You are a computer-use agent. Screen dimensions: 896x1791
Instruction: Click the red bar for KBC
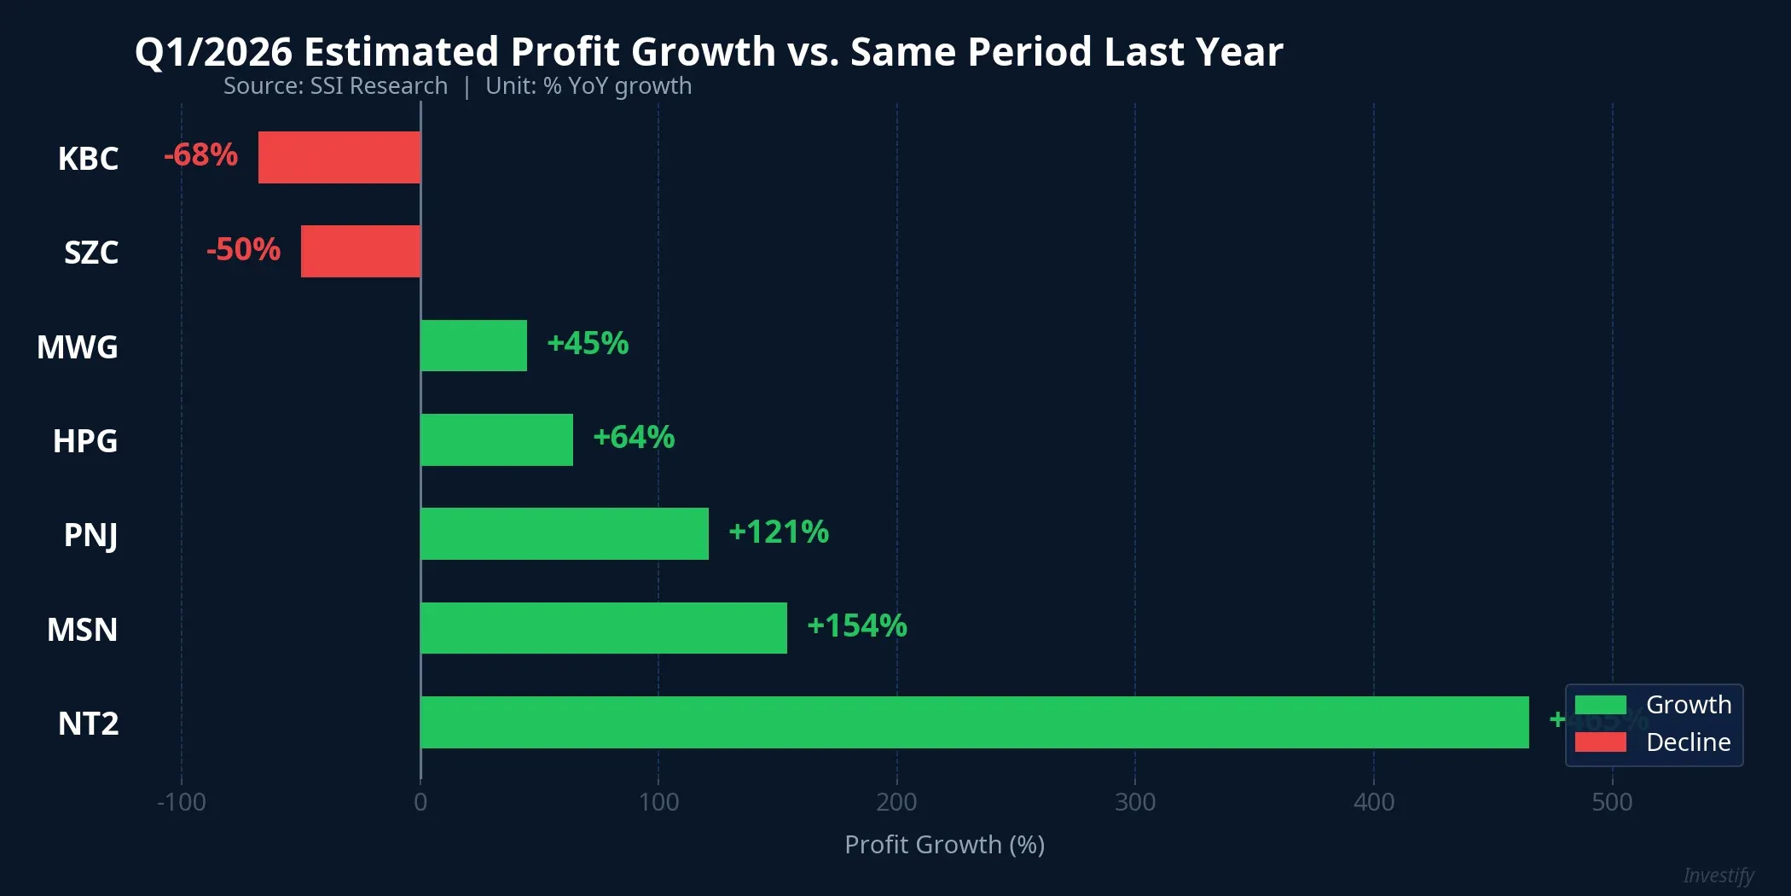point(339,157)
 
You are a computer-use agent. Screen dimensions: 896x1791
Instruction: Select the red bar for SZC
point(361,251)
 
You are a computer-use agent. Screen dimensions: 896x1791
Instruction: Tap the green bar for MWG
point(473,346)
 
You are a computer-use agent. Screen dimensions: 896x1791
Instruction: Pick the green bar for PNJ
point(565,533)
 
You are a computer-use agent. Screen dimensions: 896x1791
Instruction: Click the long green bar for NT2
point(974,722)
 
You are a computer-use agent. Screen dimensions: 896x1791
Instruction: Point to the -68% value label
point(200,155)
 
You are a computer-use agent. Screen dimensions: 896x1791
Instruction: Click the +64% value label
point(634,437)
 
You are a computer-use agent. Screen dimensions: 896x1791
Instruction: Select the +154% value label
point(856,625)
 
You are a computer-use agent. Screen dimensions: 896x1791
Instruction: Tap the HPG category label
point(85,441)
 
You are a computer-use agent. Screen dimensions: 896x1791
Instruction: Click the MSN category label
point(83,630)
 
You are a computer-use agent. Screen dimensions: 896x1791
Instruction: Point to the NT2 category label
point(88,724)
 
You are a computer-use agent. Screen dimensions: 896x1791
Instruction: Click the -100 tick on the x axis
point(181,802)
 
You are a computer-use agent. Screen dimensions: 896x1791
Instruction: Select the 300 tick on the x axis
point(1135,802)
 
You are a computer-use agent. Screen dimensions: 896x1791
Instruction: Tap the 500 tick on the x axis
point(1612,802)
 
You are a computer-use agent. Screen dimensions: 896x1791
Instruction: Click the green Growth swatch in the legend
point(1600,705)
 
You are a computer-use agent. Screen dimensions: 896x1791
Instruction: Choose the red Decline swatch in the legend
point(1600,742)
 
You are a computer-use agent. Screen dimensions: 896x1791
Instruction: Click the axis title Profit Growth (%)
point(944,845)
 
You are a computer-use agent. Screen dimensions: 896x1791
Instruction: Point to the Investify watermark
point(1718,876)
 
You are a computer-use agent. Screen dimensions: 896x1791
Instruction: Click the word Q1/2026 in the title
point(214,52)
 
